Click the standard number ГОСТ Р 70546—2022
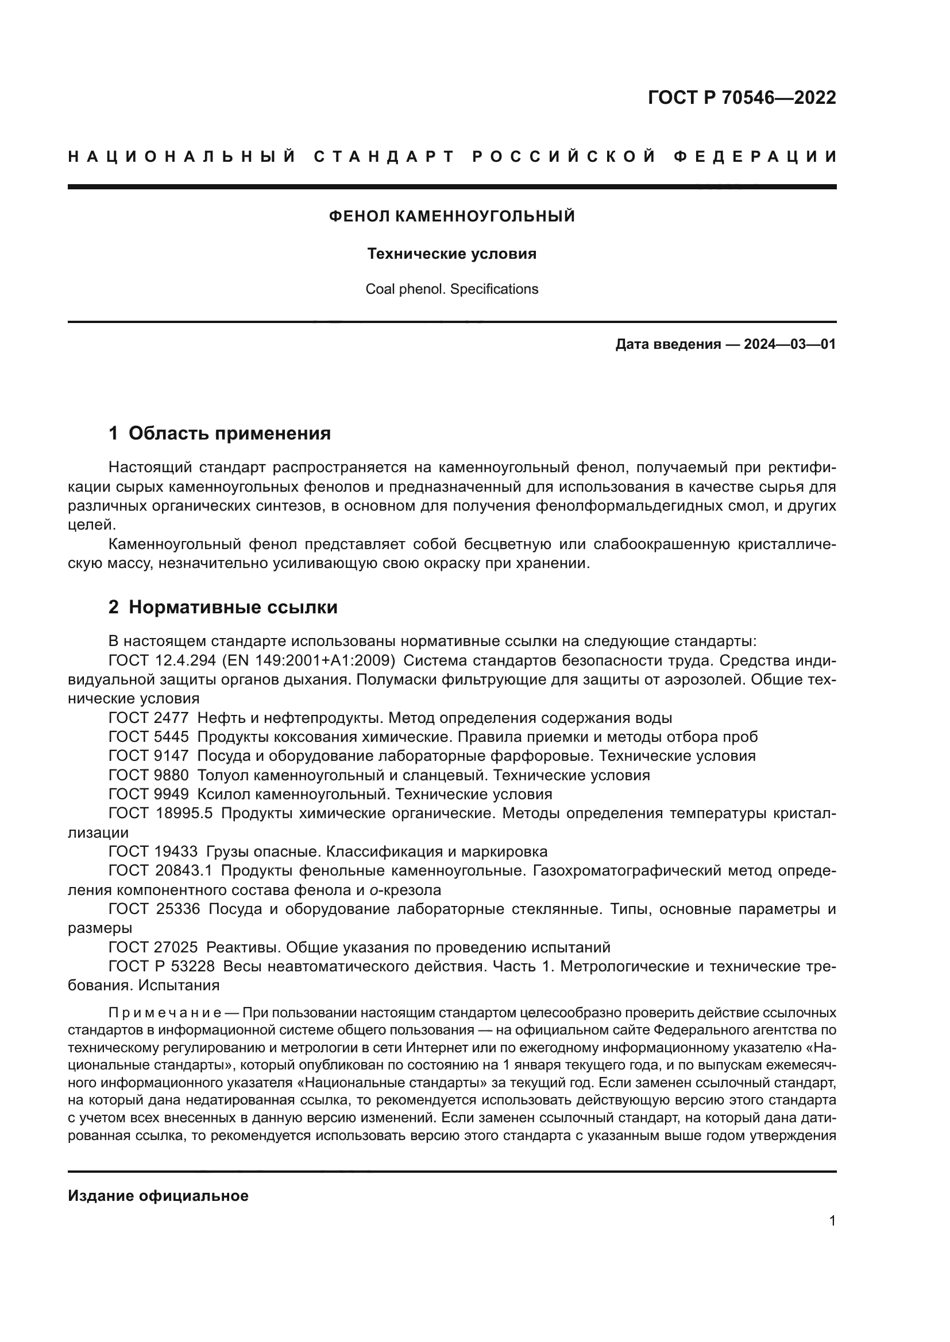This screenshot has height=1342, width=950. [x=741, y=98]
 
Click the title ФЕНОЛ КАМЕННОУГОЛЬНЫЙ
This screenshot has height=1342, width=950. [x=451, y=217]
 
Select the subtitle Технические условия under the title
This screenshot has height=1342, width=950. [x=451, y=254]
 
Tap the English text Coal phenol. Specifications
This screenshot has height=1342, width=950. [x=451, y=289]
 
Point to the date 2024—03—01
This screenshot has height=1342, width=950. [x=790, y=344]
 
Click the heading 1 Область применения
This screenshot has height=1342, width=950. [x=219, y=433]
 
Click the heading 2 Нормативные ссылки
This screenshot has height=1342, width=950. [x=223, y=607]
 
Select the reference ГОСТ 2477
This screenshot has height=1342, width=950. [x=149, y=718]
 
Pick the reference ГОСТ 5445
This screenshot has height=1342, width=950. [x=149, y=737]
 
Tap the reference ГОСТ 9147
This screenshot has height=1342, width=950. [x=149, y=756]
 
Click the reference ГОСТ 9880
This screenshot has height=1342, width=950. [x=149, y=776]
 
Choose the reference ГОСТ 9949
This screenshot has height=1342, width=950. [x=149, y=794]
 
